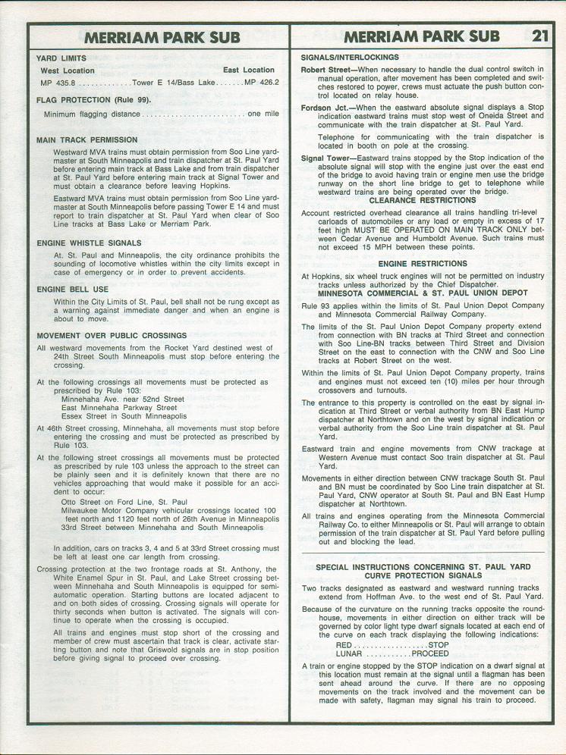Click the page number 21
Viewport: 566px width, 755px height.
pyautogui.click(x=539, y=35)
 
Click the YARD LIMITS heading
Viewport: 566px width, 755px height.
pyautogui.click(x=61, y=58)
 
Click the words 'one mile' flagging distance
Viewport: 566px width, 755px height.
pyautogui.click(x=263, y=114)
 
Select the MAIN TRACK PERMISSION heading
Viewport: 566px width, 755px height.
pyautogui.click(x=86, y=140)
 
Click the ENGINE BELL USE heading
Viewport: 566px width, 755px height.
pyautogui.click(x=72, y=290)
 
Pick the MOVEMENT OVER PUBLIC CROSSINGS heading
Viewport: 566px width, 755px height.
pyautogui.click(x=111, y=335)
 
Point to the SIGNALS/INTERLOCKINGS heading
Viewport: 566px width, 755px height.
pyautogui.click(x=350, y=58)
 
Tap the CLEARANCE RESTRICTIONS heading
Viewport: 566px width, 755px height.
pyautogui.click(x=423, y=201)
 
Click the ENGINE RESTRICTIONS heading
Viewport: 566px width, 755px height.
pyautogui.click(x=423, y=264)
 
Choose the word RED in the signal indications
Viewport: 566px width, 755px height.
pyautogui.click(x=344, y=645)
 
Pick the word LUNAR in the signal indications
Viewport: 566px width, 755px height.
pyautogui.click(x=350, y=653)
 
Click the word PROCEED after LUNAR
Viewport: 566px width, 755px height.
pyautogui.click(x=430, y=653)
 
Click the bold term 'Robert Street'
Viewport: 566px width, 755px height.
pyautogui.click(x=328, y=70)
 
